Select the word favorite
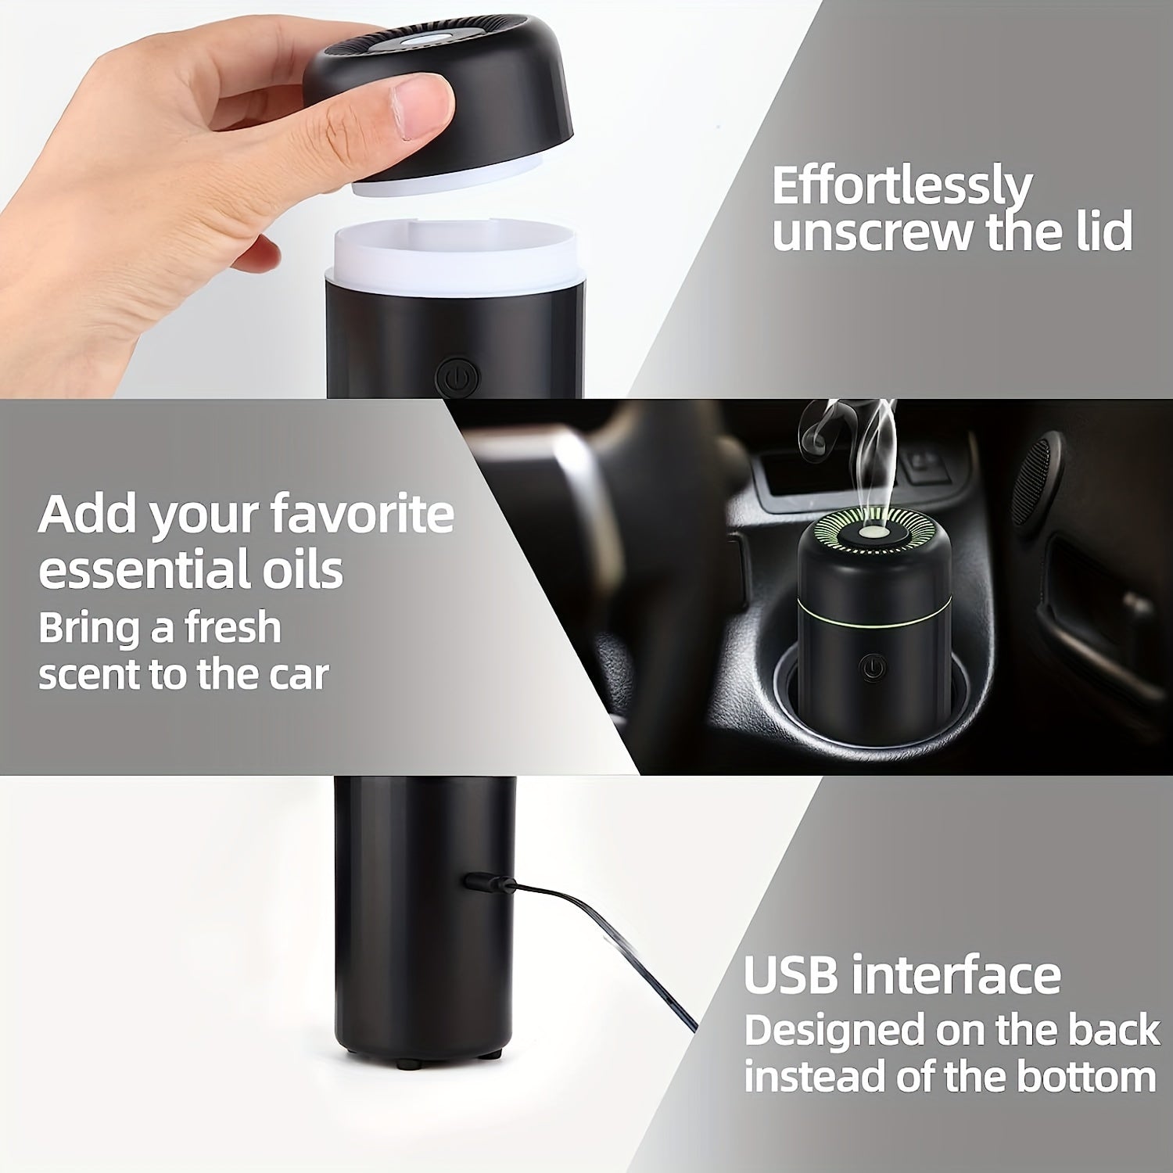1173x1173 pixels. click(362, 514)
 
